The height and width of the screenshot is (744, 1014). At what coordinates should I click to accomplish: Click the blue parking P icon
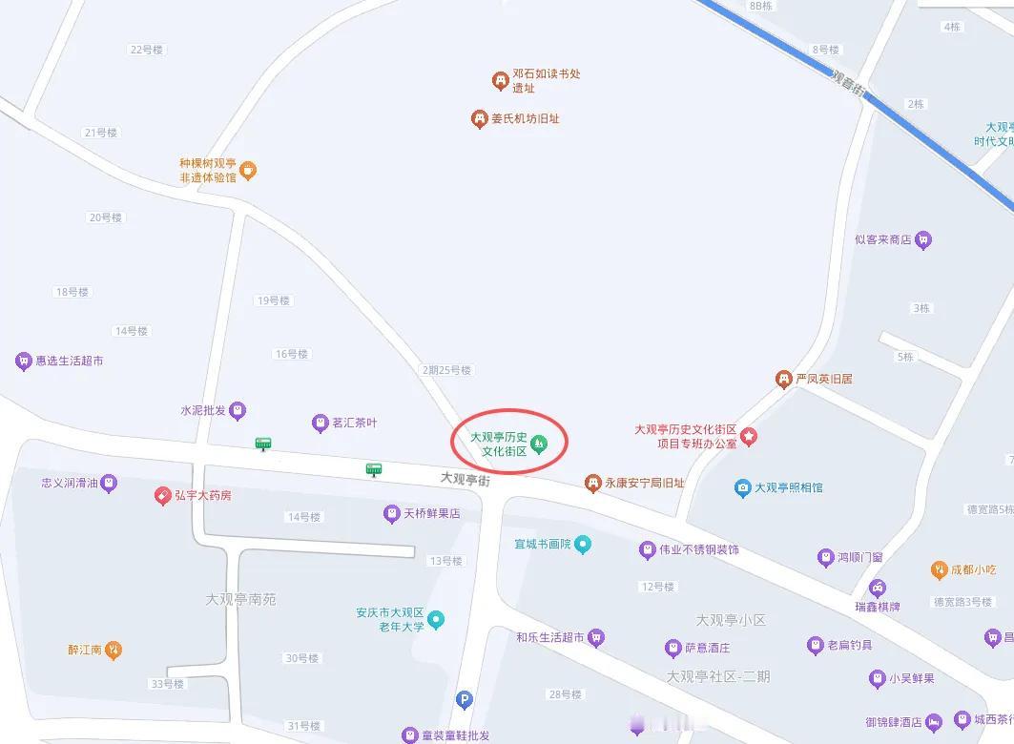click(465, 700)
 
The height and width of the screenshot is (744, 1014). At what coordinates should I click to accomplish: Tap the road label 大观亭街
click(465, 479)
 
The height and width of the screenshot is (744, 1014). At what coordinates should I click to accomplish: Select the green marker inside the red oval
click(539, 443)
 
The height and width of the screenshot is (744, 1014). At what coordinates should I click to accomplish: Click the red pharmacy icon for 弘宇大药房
click(163, 496)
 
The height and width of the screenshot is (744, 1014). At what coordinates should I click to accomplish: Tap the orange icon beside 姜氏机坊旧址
click(479, 119)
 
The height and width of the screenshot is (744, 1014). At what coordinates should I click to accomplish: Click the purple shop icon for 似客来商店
click(922, 240)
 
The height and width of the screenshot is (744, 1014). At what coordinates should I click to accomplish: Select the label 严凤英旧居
click(824, 379)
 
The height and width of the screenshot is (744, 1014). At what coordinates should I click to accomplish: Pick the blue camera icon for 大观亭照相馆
click(743, 487)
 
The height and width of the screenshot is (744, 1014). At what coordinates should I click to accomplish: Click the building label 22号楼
click(147, 50)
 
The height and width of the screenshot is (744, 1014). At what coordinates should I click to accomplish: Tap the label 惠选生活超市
click(69, 362)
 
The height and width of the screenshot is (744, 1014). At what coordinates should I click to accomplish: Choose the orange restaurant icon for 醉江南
click(114, 651)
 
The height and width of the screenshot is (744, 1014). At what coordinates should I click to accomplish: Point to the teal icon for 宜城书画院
click(583, 545)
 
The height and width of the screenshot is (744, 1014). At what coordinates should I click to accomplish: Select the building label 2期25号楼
click(446, 370)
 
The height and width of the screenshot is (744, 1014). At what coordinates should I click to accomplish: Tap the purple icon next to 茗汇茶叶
click(321, 423)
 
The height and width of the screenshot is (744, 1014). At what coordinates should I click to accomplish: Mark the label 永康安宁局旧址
click(644, 484)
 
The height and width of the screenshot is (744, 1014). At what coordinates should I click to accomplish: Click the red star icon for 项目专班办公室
click(749, 437)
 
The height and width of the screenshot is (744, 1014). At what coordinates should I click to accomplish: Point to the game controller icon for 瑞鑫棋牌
click(877, 588)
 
